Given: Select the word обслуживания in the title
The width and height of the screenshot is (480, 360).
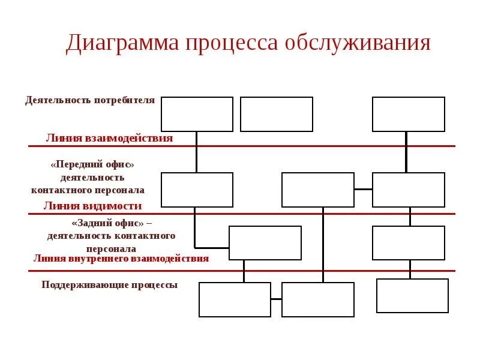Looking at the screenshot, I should point(358,44).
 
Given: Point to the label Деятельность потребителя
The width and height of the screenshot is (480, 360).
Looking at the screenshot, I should point(90,100).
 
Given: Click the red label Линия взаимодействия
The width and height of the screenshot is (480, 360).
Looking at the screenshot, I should point(109,138).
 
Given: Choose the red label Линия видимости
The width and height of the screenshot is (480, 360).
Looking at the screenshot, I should point(92,206).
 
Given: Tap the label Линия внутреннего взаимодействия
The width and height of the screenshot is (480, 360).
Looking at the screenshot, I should point(121,258).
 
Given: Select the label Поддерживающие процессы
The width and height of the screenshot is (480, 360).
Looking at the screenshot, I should point(110,285).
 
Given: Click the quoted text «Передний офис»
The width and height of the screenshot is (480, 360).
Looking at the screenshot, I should point(92,164).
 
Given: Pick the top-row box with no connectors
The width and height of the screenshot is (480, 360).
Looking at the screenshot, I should point(277,114).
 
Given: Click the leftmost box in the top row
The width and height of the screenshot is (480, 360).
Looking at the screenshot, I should point(197,114).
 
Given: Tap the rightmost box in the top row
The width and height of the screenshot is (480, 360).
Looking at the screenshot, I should point(409,114).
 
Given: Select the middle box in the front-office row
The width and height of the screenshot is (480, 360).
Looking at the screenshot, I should point(318,190).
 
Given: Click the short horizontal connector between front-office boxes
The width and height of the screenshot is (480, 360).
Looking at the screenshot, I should point(363,190).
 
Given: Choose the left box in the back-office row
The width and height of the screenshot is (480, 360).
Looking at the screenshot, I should point(265,243).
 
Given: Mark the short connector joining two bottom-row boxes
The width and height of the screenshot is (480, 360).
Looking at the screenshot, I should point(276,299).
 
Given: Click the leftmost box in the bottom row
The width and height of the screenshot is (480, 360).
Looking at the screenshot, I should point(235,299).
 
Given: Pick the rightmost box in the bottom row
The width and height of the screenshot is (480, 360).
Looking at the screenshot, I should point(412,296).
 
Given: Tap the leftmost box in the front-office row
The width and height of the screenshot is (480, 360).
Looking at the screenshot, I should point(197,190).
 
